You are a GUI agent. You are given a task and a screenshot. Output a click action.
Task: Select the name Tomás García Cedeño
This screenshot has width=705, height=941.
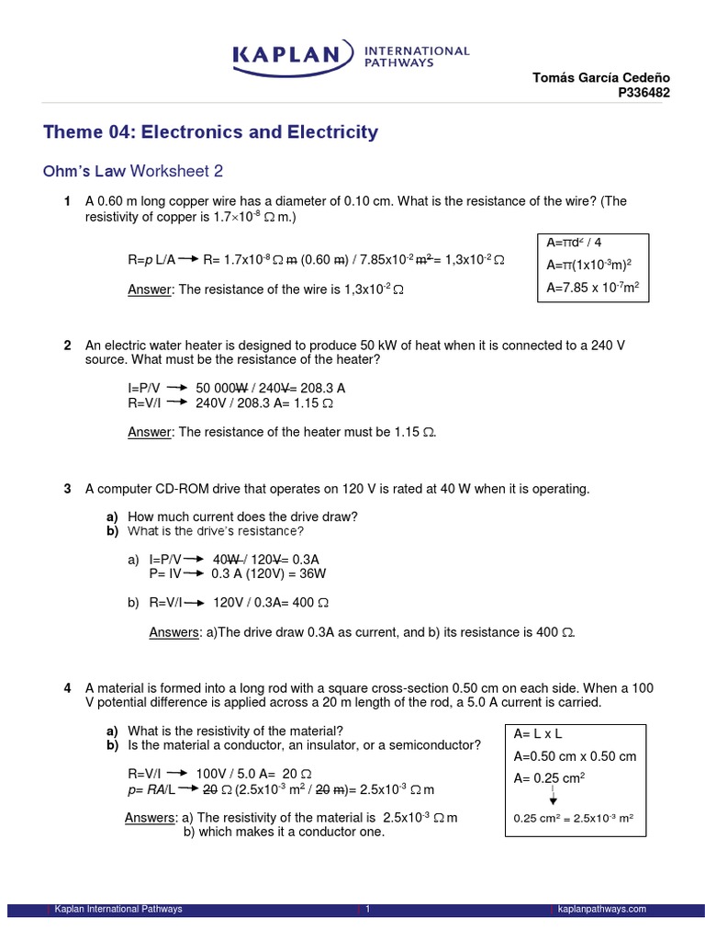[601, 78]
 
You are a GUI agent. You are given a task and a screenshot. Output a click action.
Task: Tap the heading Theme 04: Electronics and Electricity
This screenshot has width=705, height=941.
[210, 132]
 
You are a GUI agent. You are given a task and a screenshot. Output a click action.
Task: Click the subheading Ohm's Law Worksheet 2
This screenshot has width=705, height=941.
[133, 171]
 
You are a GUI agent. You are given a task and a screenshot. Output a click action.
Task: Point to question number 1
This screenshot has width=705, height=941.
[68, 201]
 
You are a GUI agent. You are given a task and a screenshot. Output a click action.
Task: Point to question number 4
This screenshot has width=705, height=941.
[68, 688]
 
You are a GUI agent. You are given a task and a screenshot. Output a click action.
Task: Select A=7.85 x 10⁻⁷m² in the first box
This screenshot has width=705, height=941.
[592, 288]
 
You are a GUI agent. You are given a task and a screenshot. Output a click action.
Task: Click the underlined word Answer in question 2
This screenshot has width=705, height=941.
[150, 432]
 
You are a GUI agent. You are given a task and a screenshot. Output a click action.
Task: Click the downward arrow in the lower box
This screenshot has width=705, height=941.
[554, 799]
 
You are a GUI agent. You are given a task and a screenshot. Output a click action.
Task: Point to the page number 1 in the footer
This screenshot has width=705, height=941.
[367, 910]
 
